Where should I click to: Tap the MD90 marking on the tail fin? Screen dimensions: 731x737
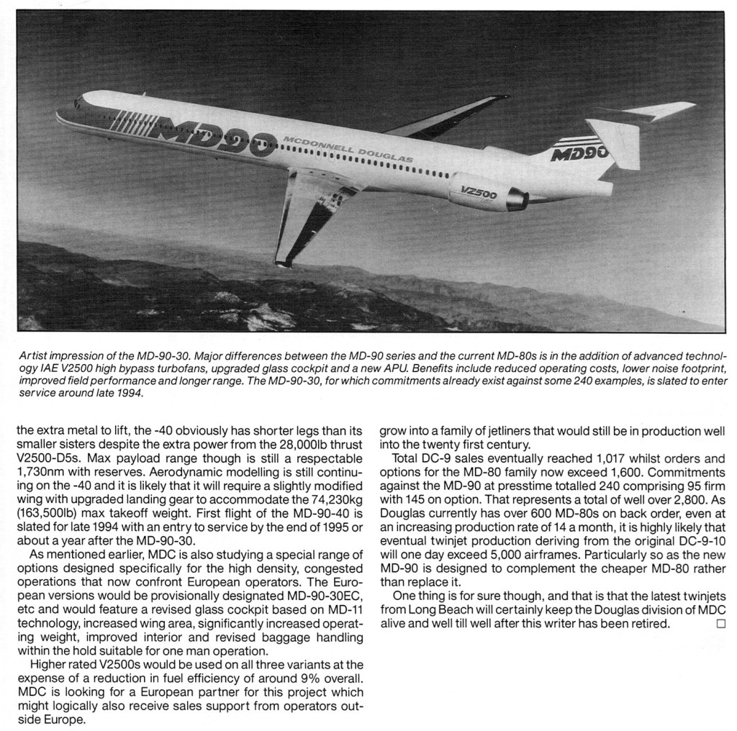click(x=579, y=152)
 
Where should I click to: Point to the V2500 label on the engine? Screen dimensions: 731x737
click(x=479, y=193)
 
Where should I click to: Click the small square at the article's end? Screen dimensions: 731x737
click(x=720, y=623)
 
